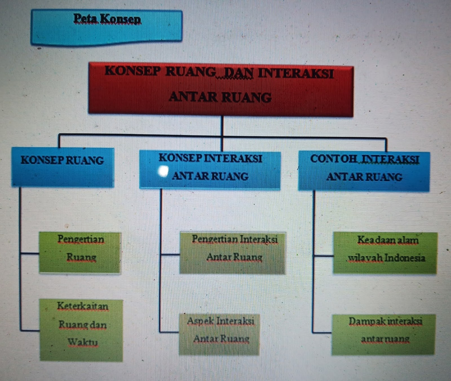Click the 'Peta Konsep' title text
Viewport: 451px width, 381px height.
[x=107, y=19]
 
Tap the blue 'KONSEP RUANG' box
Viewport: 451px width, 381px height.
[x=63, y=167]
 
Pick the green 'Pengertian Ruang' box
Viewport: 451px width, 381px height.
[x=80, y=252]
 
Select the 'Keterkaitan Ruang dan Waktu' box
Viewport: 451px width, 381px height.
[x=81, y=330]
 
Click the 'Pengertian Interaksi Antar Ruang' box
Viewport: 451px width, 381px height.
[x=233, y=253]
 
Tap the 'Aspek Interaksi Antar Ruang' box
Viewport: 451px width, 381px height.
[x=219, y=334]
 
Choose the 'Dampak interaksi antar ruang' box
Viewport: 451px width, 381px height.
[x=383, y=334]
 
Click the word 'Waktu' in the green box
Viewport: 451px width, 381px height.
[x=83, y=342]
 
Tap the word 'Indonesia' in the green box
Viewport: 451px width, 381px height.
[x=405, y=258]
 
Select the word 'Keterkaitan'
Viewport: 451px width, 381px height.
[x=83, y=306]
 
